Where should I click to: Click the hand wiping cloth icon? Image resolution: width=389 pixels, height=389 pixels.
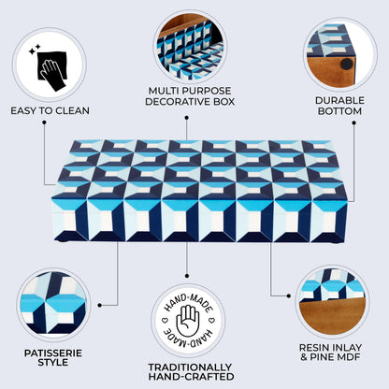[x=52, y=71]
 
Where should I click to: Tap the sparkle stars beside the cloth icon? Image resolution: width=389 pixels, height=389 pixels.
[x=35, y=50]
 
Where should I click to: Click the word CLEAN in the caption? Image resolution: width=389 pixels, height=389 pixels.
[x=72, y=110]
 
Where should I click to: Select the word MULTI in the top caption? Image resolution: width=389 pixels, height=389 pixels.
[x=163, y=91]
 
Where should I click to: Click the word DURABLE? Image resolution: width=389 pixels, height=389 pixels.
[x=339, y=100]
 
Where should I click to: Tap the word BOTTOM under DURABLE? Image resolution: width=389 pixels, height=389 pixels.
[x=339, y=111]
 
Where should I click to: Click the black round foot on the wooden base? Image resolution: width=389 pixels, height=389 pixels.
[x=347, y=64]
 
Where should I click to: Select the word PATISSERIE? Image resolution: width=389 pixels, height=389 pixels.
[x=53, y=353]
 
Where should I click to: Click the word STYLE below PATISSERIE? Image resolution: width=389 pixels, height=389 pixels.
[x=53, y=362]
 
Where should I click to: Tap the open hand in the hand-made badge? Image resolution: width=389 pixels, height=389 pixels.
[x=188, y=321]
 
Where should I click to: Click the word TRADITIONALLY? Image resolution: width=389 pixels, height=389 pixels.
[x=190, y=367]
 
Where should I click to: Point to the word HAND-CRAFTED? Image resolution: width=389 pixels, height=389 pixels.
[x=191, y=376]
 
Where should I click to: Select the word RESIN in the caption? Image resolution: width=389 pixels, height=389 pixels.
[x=313, y=348]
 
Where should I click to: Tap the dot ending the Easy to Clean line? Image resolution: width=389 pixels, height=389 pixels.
[x=44, y=122]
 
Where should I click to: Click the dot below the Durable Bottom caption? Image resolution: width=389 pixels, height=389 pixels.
[x=353, y=122]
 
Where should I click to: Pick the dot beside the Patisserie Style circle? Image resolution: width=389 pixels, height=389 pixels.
[x=100, y=305]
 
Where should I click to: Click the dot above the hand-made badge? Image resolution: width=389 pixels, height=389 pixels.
[x=187, y=276]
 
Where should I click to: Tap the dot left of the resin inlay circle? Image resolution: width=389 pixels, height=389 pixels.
[x=289, y=295]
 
